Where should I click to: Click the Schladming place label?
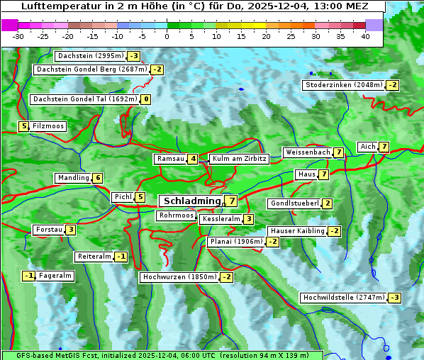click(x=191, y=201)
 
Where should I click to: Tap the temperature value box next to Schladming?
click(x=232, y=201)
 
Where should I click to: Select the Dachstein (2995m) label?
click(x=90, y=56)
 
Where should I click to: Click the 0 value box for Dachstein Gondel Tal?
click(x=145, y=99)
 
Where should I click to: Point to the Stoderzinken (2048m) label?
click(x=343, y=85)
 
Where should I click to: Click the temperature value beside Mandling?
click(x=98, y=178)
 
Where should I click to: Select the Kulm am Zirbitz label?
click(x=239, y=159)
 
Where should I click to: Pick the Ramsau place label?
click(x=171, y=159)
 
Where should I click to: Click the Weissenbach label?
click(x=307, y=152)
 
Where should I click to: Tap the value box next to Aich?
click(x=384, y=147)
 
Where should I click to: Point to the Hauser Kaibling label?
click(x=297, y=231)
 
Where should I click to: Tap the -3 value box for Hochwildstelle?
click(x=395, y=298)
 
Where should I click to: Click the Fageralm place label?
click(x=55, y=276)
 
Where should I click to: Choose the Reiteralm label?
click(x=94, y=257)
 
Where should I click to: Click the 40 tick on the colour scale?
click(x=365, y=36)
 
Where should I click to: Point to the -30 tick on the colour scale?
click(x=18, y=36)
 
